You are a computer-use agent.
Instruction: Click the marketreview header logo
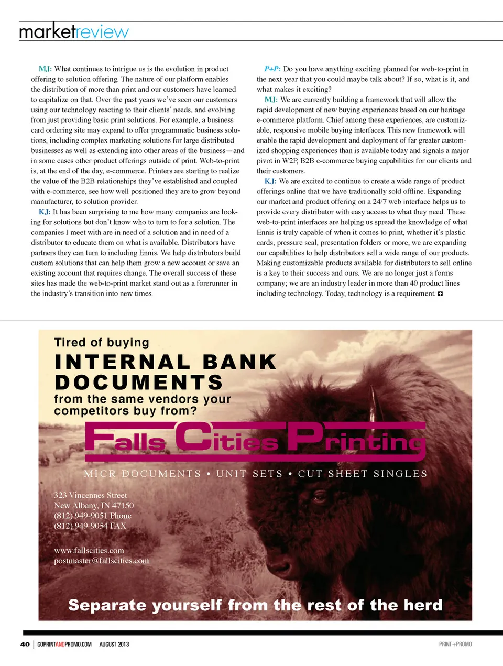(x=73, y=31)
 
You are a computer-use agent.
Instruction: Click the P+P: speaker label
(x=272, y=69)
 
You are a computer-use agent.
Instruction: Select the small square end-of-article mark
(x=440, y=293)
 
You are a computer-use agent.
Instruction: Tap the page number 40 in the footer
(x=25, y=644)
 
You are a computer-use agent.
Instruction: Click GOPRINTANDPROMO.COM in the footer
(x=64, y=644)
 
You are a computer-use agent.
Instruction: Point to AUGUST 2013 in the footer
(x=114, y=644)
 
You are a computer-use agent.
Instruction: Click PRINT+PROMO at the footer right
(x=455, y=644)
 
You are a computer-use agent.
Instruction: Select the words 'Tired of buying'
(x=102, y=343)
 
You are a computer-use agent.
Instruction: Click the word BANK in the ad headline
(x=239, y=362)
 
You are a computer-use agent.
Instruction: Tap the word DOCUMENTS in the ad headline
(x=139, y=383)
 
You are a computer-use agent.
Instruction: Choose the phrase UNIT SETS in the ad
(x=249, y=474)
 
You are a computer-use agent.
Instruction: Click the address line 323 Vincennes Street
(x=91, y=495)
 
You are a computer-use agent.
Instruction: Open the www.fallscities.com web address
(x=89, y=550)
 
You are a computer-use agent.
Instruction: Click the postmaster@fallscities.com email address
(x=102, y=561)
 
